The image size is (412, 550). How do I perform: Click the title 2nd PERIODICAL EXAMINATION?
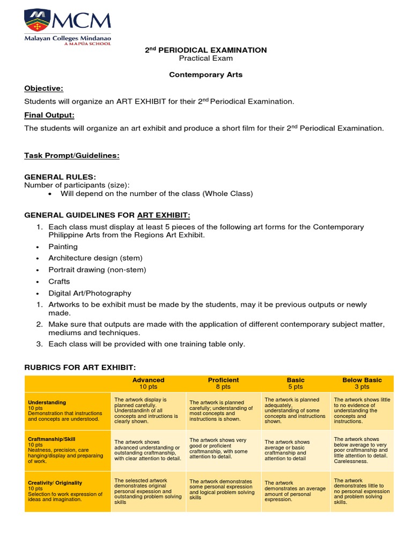pos(206,50)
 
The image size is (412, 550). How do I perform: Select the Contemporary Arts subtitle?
pos(206,75)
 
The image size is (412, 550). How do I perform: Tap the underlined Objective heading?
pos(44,88)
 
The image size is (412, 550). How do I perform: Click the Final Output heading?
pos(49,115)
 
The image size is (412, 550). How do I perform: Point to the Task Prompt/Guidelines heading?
pos(72,156)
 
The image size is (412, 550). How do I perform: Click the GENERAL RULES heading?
pos(60,177)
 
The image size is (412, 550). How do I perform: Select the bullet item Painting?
pos(63,247)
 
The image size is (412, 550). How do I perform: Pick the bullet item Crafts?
pos(59,281)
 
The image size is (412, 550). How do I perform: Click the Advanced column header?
pos(148,380)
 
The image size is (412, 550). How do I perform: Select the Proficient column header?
pos(223,380)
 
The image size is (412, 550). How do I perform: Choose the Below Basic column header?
pos(362,380)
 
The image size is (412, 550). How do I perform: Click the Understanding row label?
pos(47,402)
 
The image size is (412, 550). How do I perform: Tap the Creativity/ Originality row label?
pos(55,483)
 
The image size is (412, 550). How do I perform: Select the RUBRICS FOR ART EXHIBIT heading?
pos(80,367)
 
